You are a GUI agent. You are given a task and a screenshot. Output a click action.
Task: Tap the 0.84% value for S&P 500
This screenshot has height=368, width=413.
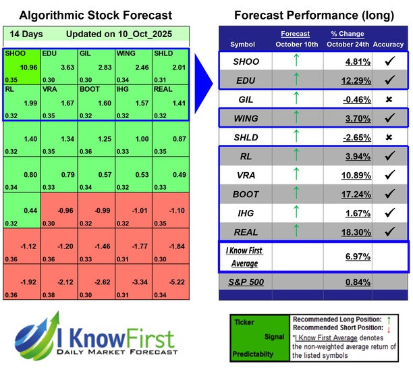(x=346, y=280)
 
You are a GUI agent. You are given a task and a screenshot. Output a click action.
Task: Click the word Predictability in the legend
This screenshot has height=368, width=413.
(x=254, y=353)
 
